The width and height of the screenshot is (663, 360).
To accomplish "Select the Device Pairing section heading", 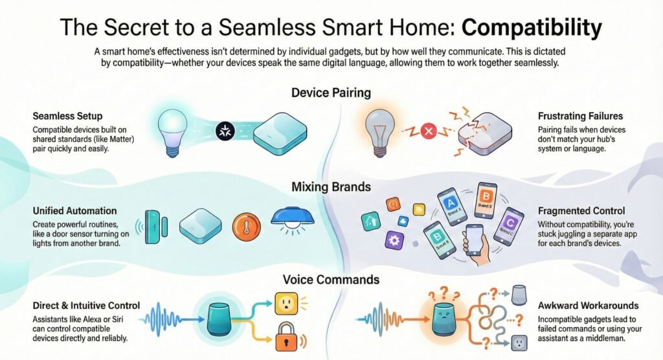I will click(x=331, y=93).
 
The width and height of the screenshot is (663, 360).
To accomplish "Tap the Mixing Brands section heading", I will click(x=331, y=187).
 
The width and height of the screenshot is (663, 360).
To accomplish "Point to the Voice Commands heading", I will click(x=331, y=280).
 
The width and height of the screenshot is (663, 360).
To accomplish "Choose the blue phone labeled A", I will click(x=451, y=207).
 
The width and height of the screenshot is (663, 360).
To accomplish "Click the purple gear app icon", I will click(x=393, y=242).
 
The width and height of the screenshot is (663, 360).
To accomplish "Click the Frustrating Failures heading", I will click(x=580, y=117).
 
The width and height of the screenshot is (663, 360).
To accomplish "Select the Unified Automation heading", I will click(x=74, y=211).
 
